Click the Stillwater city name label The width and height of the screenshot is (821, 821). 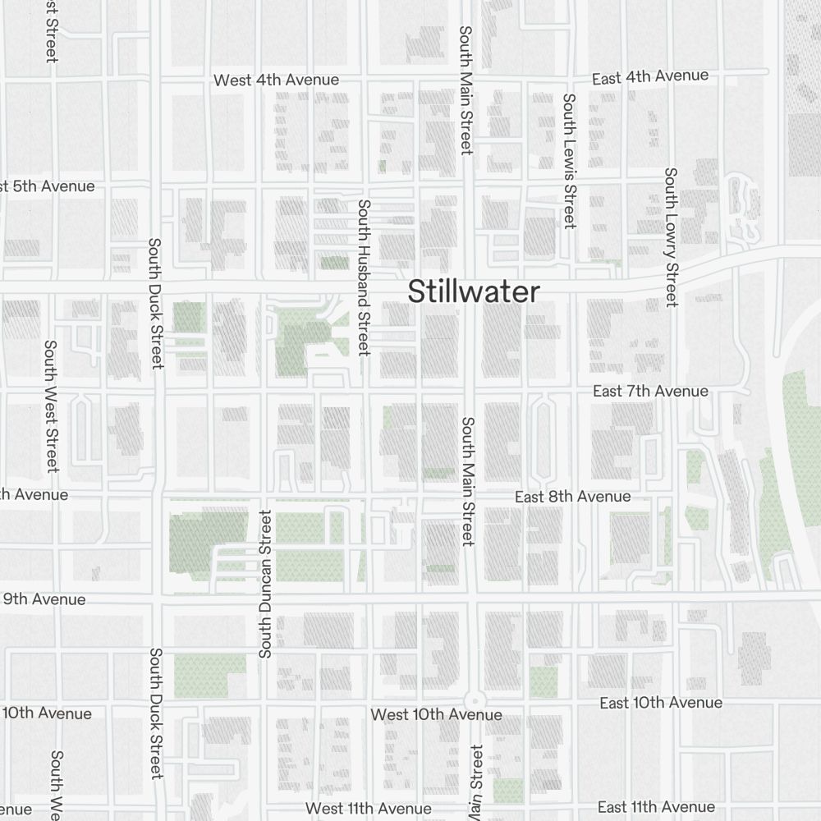(x=475, y=291)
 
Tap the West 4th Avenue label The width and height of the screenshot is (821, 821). (x=276, y=80)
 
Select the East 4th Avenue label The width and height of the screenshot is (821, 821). (x=650, y=76)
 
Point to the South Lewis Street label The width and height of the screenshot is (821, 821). (x=569, y=161)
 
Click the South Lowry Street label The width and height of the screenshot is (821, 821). (x=671, y=237)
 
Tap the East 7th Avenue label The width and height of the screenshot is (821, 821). (x=650, y=391)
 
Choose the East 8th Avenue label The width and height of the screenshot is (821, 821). (x=572, y=497)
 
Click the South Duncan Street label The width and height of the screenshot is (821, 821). (x=265, y=584)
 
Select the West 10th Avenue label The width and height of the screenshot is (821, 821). (x=436, y=714)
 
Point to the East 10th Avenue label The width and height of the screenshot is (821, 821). (x=660, y=703)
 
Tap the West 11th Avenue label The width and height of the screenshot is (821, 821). (x=368, y=809)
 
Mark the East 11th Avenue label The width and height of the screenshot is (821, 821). (x=655, y=807)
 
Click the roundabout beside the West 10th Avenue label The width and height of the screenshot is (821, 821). (x=474, y=700)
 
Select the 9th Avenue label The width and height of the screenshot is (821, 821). (x=44, y=599)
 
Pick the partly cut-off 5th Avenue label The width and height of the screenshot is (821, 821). (x=47, y=186)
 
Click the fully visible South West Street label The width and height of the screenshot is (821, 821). (x=51, y=406)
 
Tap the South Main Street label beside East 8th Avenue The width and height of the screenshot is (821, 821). (x=467, y=481)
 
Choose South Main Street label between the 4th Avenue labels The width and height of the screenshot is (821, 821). (x=466, y=89)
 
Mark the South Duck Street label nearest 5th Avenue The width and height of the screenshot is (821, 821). (x=155, y=303)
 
